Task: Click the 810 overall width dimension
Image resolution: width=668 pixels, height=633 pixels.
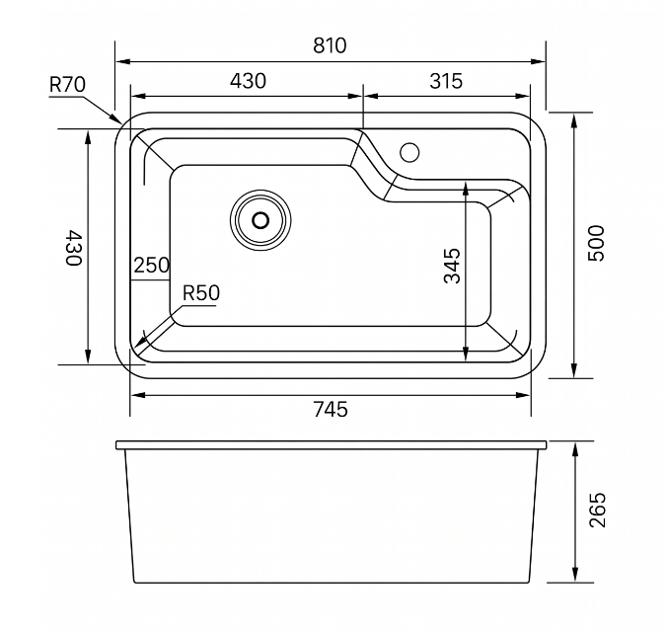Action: (x=330, y=45)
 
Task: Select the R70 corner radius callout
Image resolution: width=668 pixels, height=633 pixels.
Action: (x=67, y=84)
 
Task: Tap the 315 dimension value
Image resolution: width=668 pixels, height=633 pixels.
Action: (x=446, y=81)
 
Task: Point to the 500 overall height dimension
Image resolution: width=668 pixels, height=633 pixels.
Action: (x=596, y=243)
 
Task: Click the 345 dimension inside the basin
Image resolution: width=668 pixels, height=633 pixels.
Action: (x=452, y=266)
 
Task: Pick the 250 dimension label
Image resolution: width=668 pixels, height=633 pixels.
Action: (x=152, y=265)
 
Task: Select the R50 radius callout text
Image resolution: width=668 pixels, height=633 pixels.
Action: (x=201, y=293)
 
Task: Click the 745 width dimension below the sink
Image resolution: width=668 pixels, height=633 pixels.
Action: (x=331, y=409)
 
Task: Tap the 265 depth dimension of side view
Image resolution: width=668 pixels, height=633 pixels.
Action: (x=597, y=510)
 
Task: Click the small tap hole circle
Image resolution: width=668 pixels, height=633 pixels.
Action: (x=409, y=152)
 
